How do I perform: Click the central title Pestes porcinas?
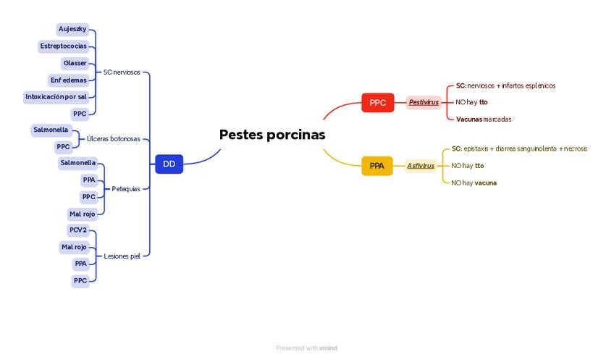coord(272,135)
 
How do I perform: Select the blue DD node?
coord(169,164)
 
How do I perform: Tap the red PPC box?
coord(377,103)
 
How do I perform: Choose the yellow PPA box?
coord(377,166)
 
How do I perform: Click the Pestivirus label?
coord(424,103)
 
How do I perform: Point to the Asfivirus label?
coord(421,166)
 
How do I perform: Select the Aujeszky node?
coord(72,30)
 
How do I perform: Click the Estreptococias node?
coord(64,46)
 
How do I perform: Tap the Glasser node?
coord(75,63)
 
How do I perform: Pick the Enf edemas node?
coord(68,80)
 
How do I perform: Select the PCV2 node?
coord(77,230)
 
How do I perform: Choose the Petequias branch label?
coord(126,189)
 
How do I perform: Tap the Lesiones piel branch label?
coord(122,256)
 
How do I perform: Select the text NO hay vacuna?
coord(474,183)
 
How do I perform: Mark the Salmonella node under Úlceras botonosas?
coord(51,130)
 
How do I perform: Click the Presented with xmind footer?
coord(306,348)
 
